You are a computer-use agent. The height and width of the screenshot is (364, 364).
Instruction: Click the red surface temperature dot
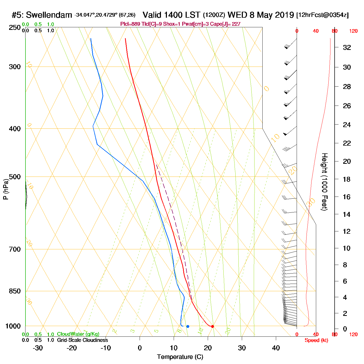[x=212, y=326]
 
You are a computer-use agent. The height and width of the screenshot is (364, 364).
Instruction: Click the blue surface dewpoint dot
[x=188, y=326]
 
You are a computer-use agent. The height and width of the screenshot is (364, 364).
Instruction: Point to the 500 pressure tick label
[x=15, y=177]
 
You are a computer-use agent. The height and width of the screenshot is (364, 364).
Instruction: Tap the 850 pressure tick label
[x=15, y=291]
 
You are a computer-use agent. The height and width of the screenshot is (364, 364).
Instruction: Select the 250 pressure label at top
[x=15, y=28]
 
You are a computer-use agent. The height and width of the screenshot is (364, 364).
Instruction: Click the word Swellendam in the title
[x=49, y=15]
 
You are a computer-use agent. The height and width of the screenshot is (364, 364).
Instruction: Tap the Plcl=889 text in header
[x=130, y=24]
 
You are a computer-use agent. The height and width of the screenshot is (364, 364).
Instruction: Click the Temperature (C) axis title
[x=180, y=357]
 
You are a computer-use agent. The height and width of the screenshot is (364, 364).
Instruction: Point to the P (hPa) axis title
[x=6, y=189]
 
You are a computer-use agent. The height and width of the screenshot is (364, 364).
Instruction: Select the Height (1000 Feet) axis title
[x=324, y=182]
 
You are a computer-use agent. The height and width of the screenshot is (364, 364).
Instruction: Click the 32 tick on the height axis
[x=347, y=47]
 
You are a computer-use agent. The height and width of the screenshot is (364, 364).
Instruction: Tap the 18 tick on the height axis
[x=347, y=179]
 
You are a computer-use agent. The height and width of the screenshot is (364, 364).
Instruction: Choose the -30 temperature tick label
[x=38, y=348]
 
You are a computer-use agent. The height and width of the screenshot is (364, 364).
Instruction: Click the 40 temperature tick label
[x=276, y=348]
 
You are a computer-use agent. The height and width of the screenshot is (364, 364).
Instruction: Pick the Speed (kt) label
[x=316, y=340]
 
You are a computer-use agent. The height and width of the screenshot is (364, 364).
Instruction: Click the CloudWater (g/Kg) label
[x=78, y=334]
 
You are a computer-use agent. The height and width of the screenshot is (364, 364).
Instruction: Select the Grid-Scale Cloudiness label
[x=82, y=340]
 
